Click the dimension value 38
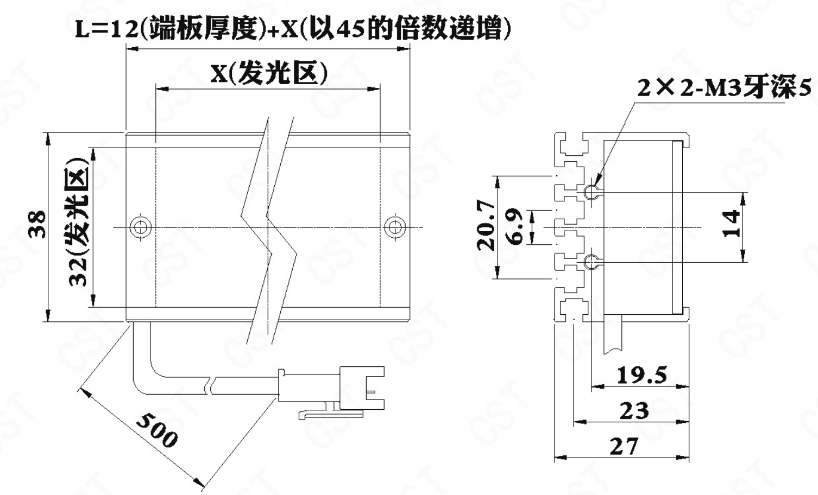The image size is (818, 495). [x=37, y=224]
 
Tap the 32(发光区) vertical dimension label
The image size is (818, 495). [x=78, y=223]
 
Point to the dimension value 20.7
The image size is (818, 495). [x=485, y=225]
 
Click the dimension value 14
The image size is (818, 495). [x=732, y=223]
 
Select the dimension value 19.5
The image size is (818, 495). [x=641, y=375]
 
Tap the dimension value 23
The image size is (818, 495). [x=634, y=410]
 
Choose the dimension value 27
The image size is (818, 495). [x=623, y=446]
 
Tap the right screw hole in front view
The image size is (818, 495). [x=394, y=227]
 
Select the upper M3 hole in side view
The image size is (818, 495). [x=590, y=192]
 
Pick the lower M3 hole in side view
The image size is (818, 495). [x=590, y=263]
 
